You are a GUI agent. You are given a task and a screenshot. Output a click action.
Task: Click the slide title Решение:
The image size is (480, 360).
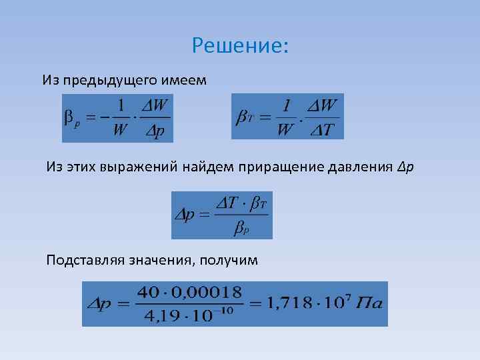coord(240,45)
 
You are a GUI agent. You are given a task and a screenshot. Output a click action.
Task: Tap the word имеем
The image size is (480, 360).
coord(185,81)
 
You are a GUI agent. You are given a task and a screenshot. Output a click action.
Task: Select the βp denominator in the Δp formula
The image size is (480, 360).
coord(241,229)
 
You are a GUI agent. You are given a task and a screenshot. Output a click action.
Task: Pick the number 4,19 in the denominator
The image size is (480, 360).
coord(158,314)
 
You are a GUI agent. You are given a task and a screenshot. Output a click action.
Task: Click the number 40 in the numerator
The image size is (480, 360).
coord(147,292)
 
